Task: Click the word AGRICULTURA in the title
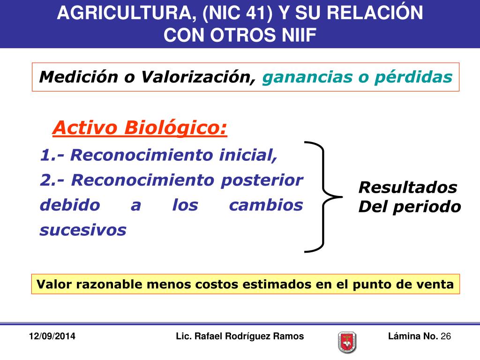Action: pyautogui.click(x=123, y=14)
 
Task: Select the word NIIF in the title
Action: pyautogui.click(x=293, y=35)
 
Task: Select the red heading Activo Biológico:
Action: pyautogui.click(x=140, y=127)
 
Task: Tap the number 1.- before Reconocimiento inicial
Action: pyautogui.click(x=52, y=155)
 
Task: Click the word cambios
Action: pyautogui.click(x=266, y=205)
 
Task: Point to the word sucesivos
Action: pyautogui.click(x=83, y=230)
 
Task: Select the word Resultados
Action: pyautogui.click(x=407, y=187)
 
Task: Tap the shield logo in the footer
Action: pyautogui.click(x=347, y=342)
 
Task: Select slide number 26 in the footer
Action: pyautogui.click(x=446, y=336)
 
